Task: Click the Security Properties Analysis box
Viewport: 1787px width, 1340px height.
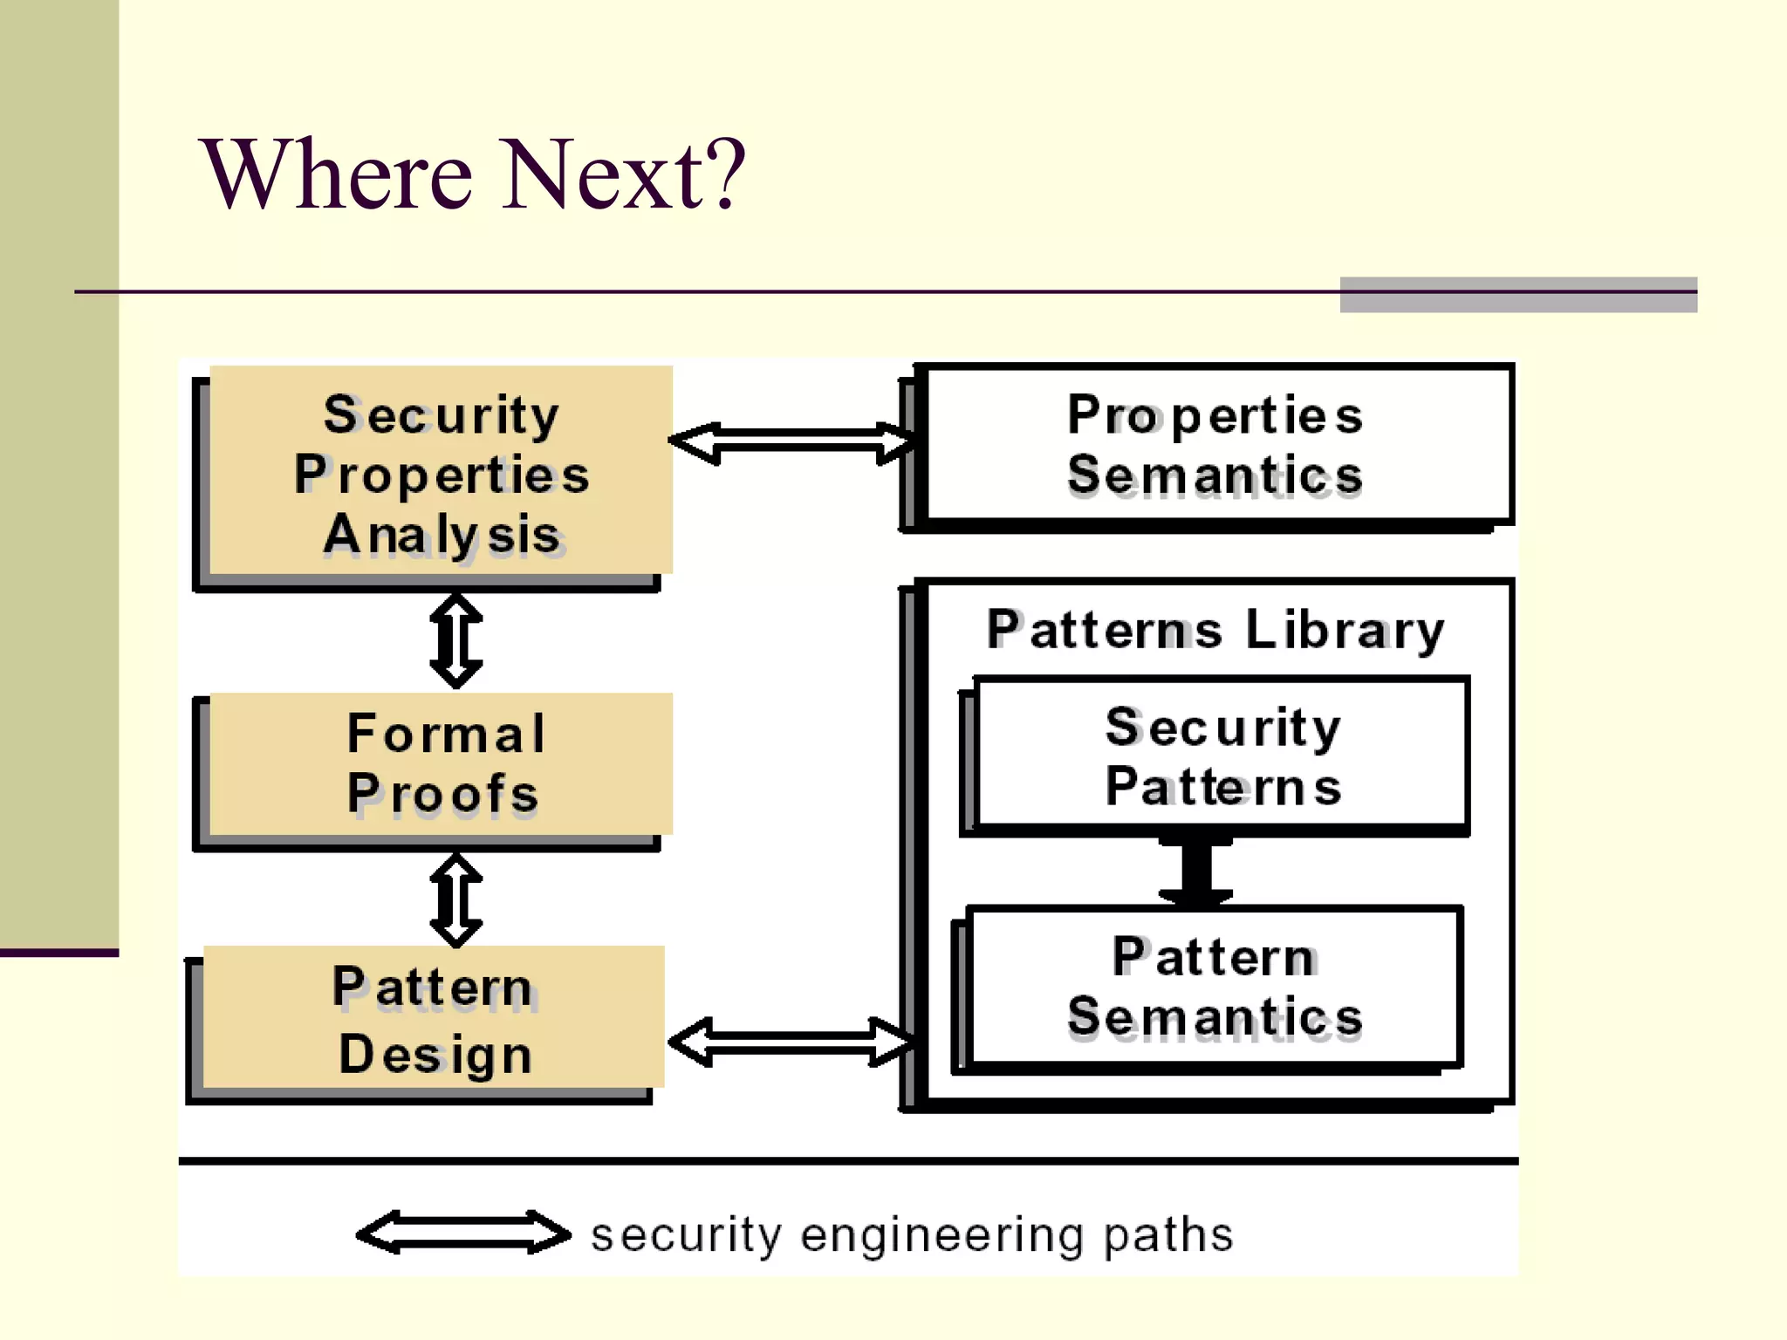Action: pyautogui.click(x=441, y=471)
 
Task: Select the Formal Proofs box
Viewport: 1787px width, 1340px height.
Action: pyautogui.click(x=441, y=763)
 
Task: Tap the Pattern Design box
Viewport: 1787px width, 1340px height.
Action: pyautogui.click(x=434, y=1018)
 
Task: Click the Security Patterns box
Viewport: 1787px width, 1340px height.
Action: pyautogui.click(x=1222, y=755)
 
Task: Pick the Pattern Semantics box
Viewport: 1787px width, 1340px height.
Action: pyautogui.click(x=1215, y=987)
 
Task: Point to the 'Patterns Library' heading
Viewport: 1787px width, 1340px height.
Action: pyautogui.click(x=1215, y=630)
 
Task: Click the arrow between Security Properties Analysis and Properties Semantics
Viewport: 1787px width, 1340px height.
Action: pyautogui.click(x=792, y=442)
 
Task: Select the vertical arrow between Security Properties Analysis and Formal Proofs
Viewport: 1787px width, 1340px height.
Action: pyautogui.click(x=455, y=641)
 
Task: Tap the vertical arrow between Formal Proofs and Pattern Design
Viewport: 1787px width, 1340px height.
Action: pyautogui.click(x=455, y=900)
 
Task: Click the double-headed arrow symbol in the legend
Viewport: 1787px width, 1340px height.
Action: pyautogui.click(x=463, y=1233)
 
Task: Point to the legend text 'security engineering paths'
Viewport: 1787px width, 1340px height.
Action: pyautogui.click(x=912, y=1234)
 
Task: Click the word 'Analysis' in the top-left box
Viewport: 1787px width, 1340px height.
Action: pyautogui.click(x=442, y=535)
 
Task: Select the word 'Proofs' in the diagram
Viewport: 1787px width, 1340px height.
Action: pyautogui.click(x=442, y=794)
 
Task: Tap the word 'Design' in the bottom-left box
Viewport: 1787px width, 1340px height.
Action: pyautogui.click(x=435, y=1054)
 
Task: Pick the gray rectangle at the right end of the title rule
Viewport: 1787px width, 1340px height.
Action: pyautogui.click(x=1518, y=295)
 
